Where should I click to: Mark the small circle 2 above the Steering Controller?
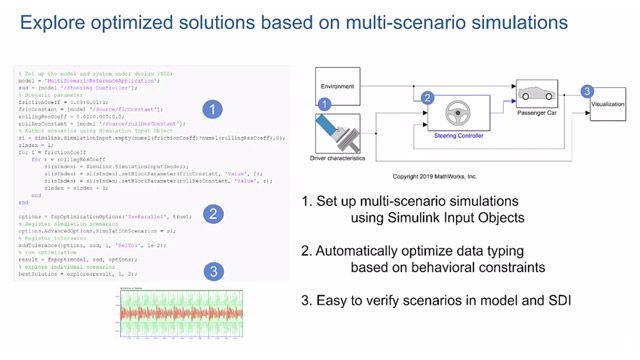coord(427,98)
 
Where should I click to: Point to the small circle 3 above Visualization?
coord(589,91)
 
